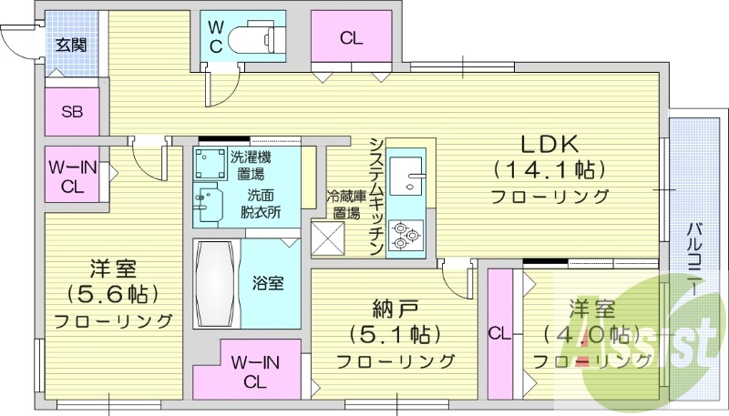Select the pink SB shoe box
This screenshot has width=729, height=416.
(x=71, y=113)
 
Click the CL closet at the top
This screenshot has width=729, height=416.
(x=351, y=38)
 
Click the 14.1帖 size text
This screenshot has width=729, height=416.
(x=549, y=169)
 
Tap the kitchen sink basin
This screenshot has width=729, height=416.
(x=405, y=173)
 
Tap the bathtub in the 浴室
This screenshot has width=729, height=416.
(x=215, y=282)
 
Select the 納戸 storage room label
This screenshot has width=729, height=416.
(x=394, y=308)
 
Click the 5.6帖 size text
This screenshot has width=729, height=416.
(x=113, y=294)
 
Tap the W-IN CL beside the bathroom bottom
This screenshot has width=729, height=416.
(x=254, y=371)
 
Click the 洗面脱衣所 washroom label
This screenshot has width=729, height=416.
(x=260, y=204)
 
